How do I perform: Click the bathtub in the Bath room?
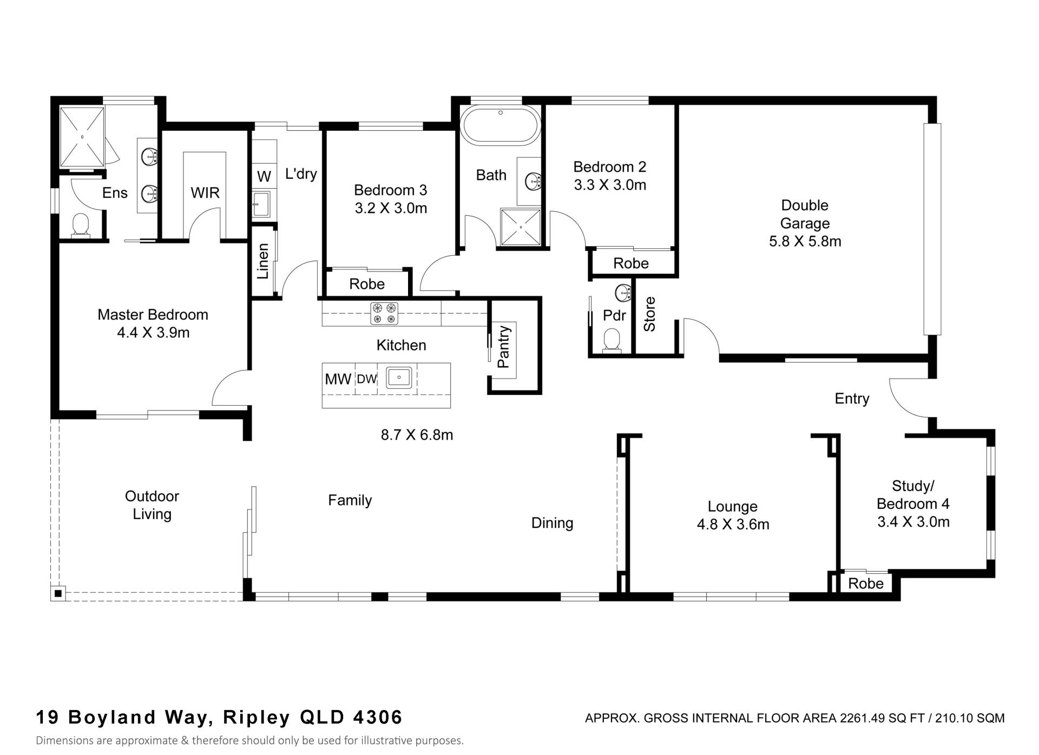[x=501, y=127]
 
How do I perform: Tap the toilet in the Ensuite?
[x=81, y=224]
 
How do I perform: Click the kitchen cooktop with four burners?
[x=384, y=314]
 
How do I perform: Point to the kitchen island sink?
[x=399, y=377]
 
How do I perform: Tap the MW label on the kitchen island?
[x=338, y=379]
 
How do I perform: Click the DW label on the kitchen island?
[x=367, y=379]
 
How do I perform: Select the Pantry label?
[x=503, y=347]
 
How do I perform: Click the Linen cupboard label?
[x=263, y=261]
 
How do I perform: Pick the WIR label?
[x=205, y=193]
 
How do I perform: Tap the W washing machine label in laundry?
[x=264, y=176]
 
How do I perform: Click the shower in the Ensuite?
[x=82, y=137]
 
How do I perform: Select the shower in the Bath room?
[x=521, y=227]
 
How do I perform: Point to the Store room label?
[x=649, y=314]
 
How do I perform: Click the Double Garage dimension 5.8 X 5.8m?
[x=805, y=241]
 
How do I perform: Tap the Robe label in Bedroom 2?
[x=631, y=263]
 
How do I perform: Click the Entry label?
[x=852, y=399]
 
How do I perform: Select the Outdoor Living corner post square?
[x=58, y=594]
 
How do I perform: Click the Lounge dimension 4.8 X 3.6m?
[x=733, y=525]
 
